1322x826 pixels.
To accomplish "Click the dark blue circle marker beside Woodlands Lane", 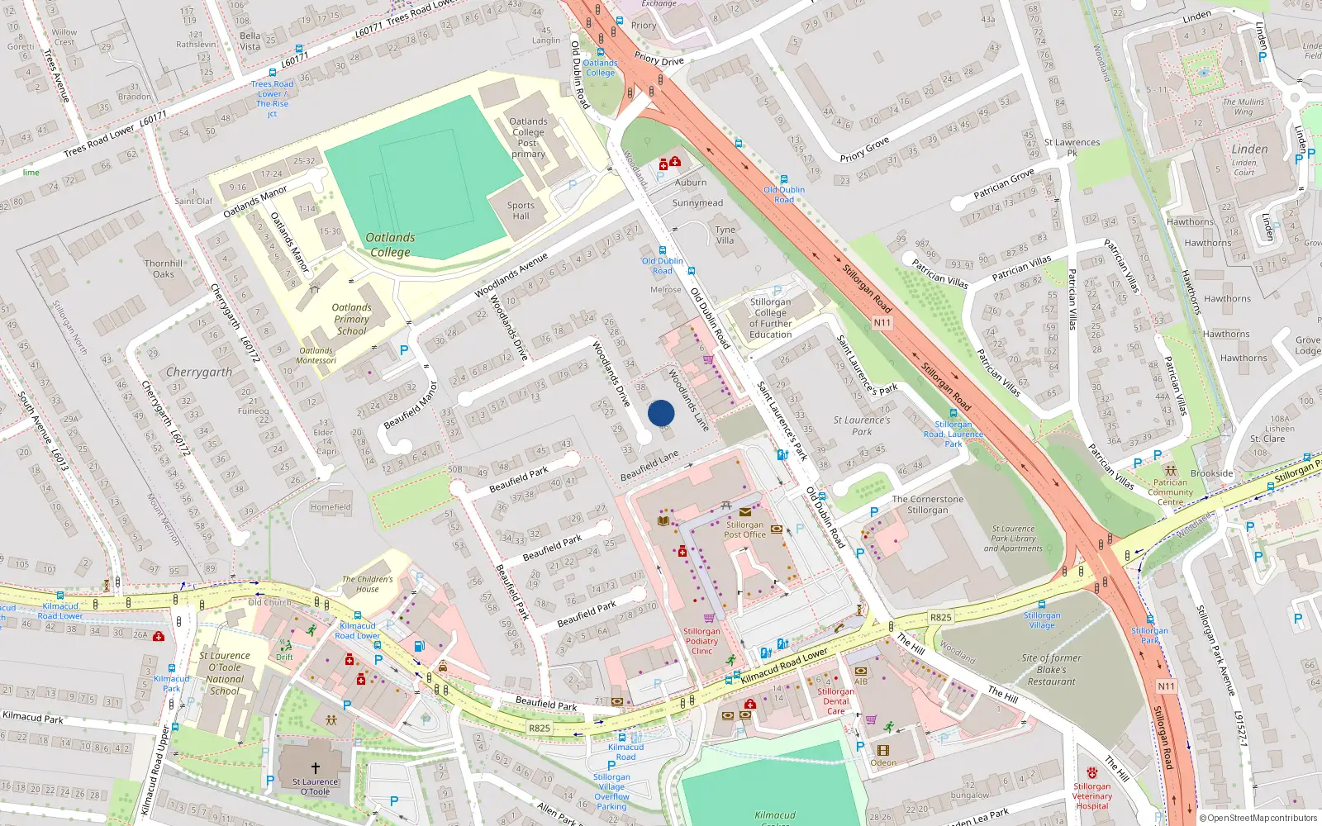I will (661, 413).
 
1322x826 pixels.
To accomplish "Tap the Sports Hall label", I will (521, 211).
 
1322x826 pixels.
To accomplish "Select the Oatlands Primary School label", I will (352, 319).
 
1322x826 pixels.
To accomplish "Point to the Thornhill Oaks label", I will (164, 268).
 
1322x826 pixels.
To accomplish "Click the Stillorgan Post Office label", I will (744, 529).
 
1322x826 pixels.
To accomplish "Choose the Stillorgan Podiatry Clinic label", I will (701, 641).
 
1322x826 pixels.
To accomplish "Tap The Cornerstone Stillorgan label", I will (927, 505).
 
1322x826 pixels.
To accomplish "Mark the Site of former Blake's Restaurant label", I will (1051, 670).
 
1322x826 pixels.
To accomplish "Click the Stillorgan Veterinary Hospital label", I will (1091, 796).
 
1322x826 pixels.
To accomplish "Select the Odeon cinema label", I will (883, 762).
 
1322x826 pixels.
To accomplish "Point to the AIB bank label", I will (861, 681).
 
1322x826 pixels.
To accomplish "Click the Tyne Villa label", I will (725, 235).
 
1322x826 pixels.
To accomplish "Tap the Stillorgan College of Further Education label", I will (770, 318).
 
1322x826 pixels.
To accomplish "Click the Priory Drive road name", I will (659, 59).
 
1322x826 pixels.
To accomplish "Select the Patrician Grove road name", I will (1003, 183).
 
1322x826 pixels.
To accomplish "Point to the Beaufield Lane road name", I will (649, 466).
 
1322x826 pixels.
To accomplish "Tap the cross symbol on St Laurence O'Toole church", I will (315, 768).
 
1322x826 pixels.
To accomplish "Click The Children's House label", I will (368, 584).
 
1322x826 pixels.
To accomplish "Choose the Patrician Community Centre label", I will (1170, 491).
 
